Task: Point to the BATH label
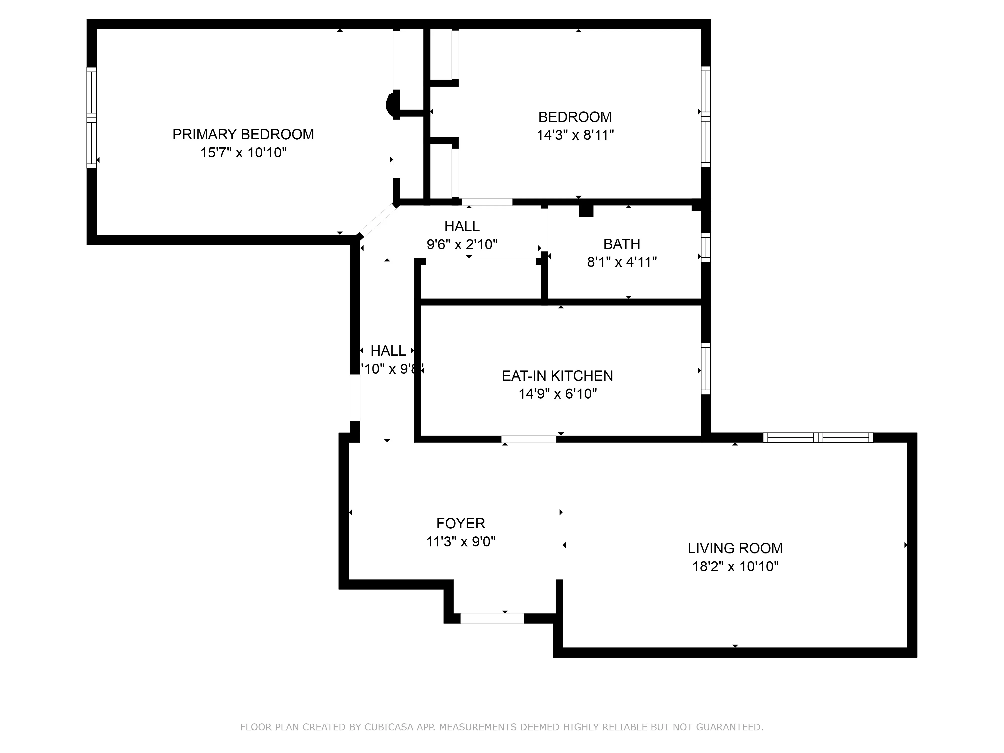tap(621, 244)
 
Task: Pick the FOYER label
tap(460, 523)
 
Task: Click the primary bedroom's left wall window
tap(92, 117)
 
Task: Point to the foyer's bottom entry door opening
tap(492, 618)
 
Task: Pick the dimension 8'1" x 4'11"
tap(621, 262)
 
